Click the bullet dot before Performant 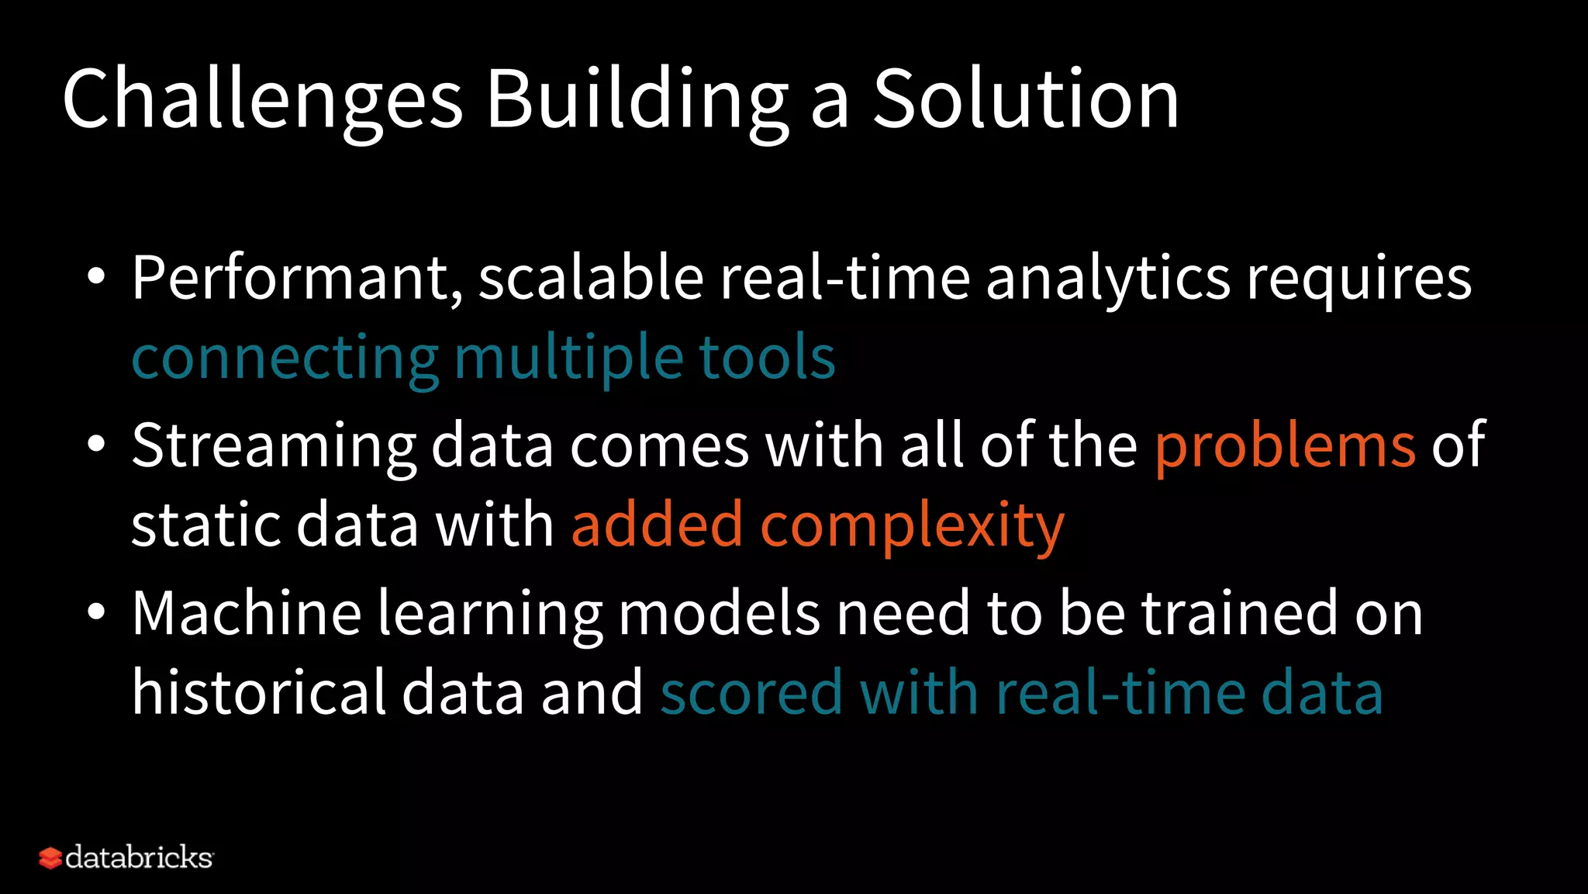click(95, 277)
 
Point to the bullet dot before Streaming click(95, 445)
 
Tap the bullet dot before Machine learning click(95, 612)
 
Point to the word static click(205, 525)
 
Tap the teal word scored click(751, 693)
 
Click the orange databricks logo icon click(50, 858)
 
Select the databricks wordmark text click(140, 858)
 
